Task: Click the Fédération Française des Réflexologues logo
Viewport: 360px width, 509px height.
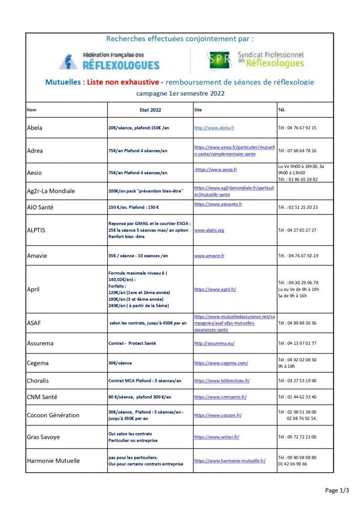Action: point(109,61)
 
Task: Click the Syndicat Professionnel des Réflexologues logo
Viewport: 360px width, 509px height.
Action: point(256,60)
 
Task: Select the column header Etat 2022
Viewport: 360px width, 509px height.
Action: point(150,109)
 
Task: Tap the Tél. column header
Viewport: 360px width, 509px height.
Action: point(282,109)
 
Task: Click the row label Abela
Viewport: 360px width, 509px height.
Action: point(34,128)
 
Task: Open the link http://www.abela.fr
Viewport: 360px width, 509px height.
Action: point(214,128)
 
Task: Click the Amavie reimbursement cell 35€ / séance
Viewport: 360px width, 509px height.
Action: point(138,255)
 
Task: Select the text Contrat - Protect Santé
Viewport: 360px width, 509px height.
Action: point(132,343)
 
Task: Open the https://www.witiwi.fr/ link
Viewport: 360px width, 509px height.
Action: point(217,437)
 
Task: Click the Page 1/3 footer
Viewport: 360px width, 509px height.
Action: point(337,490)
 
